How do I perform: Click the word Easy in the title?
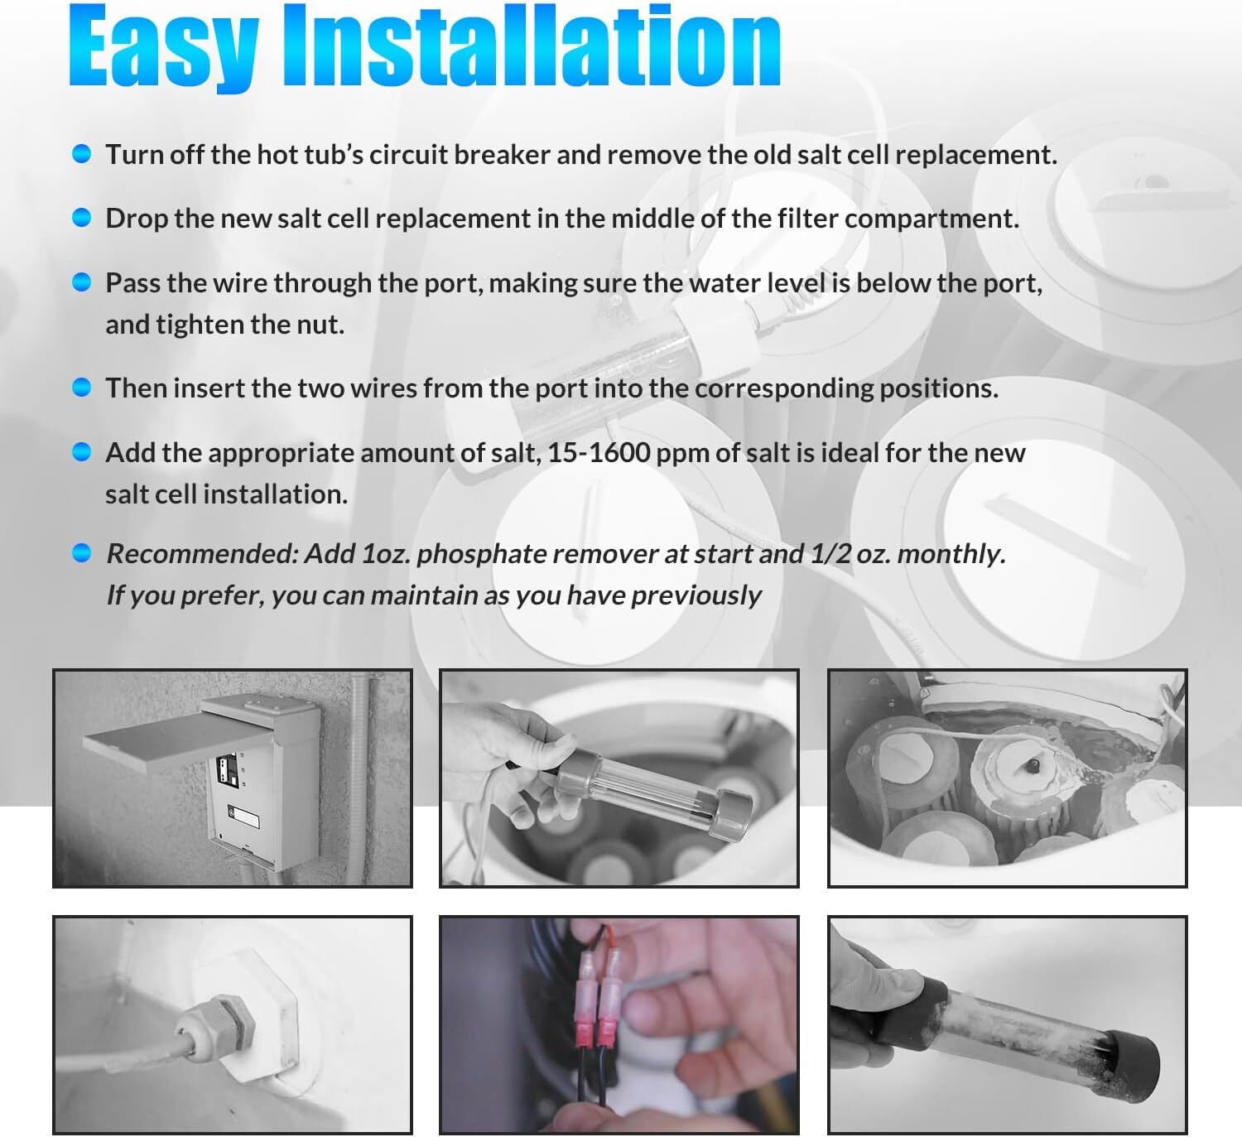[163, 48]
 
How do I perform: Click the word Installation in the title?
[532, 46]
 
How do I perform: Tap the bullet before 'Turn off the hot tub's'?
[81, 153]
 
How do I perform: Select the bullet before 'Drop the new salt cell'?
[81, 217]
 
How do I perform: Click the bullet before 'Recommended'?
[81, 552]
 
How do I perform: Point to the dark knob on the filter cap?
[1030, 767]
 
